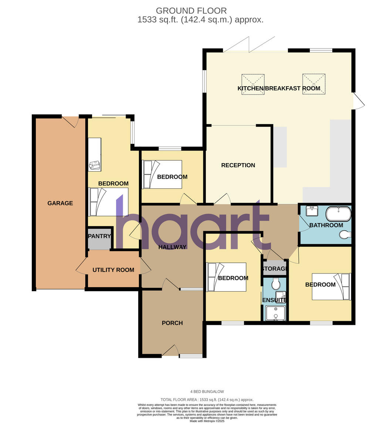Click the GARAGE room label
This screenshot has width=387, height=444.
click(60, 203)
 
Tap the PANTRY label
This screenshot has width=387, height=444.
click(99, 236)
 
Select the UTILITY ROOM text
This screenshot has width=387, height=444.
click(113, 270)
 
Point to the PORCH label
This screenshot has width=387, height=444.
click(172, 323)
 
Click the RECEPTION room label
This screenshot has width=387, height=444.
click(238, 165)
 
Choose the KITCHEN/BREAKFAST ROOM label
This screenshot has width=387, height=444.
click(279, 88)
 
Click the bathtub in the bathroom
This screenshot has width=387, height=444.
click(338, 214)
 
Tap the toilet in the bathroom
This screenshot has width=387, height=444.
click(345, 234)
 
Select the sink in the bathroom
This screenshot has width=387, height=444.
click(312, 211)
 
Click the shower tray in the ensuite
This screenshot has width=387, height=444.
click(275, 313)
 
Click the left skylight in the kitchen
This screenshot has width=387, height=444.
click(253, 84)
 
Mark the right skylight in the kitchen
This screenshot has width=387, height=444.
click(314, 84)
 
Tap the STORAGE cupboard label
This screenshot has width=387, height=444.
click(275, 269)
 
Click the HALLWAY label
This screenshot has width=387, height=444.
click(172, 247)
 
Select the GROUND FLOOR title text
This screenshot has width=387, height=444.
click(191, 11)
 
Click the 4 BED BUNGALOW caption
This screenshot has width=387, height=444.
click(207, 391)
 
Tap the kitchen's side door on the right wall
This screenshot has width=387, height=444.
click(358, 101)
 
